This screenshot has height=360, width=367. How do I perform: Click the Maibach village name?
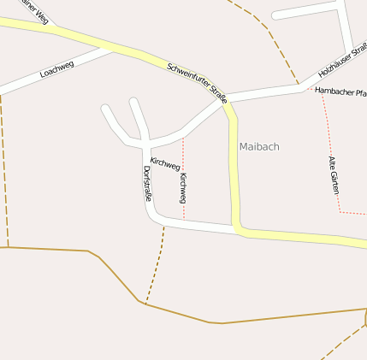tap(259, 147)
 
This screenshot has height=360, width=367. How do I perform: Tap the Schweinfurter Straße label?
tap(198, 83)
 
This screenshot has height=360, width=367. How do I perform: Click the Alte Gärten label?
tap(334, 174)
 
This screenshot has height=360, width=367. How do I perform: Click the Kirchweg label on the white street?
tap(164, 162)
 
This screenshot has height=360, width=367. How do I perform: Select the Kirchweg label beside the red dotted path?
tap(183, 187)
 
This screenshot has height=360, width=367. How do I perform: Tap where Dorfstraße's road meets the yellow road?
tap(236, 228)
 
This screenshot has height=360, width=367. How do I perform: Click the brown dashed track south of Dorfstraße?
tap(156, 265)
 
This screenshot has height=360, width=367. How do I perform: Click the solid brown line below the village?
tap(257, 319)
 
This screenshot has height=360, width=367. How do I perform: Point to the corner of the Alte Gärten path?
tap(340, 211)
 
